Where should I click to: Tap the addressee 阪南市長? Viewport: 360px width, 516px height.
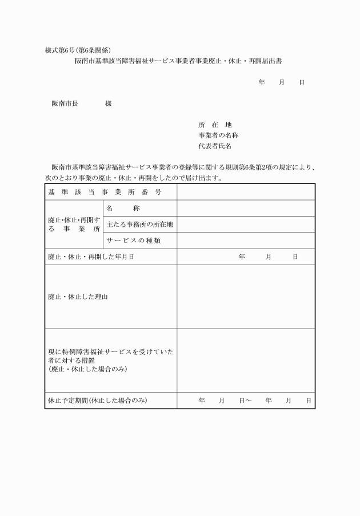[x=65, y=104]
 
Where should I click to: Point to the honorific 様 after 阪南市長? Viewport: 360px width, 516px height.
[x=108, y=104]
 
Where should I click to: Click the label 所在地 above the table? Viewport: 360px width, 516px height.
[x=215, y=125]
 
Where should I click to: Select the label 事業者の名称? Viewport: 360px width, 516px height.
[x=218, y=135]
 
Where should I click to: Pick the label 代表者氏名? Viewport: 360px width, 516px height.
[x=215, y=146]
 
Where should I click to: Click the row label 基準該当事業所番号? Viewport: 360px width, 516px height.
[x=105, y=192]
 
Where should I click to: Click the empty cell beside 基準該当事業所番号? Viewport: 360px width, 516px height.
[x=246, y=192]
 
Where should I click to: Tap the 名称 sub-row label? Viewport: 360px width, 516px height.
[x=123, y=209]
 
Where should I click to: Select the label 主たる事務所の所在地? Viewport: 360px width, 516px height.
[x=139, y=225]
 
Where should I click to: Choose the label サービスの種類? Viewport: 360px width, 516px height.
[x=134, y=241]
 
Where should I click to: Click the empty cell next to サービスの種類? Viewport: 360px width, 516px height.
[x=246, y=241]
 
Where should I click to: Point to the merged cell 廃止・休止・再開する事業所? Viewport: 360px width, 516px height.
[x=74, y=224]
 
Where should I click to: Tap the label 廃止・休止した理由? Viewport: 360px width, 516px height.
[x=77, y=297]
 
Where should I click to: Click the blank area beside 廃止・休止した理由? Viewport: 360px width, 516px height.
[x=246, y=297]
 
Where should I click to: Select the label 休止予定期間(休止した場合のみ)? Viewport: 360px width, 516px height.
[x=98, y=401]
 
